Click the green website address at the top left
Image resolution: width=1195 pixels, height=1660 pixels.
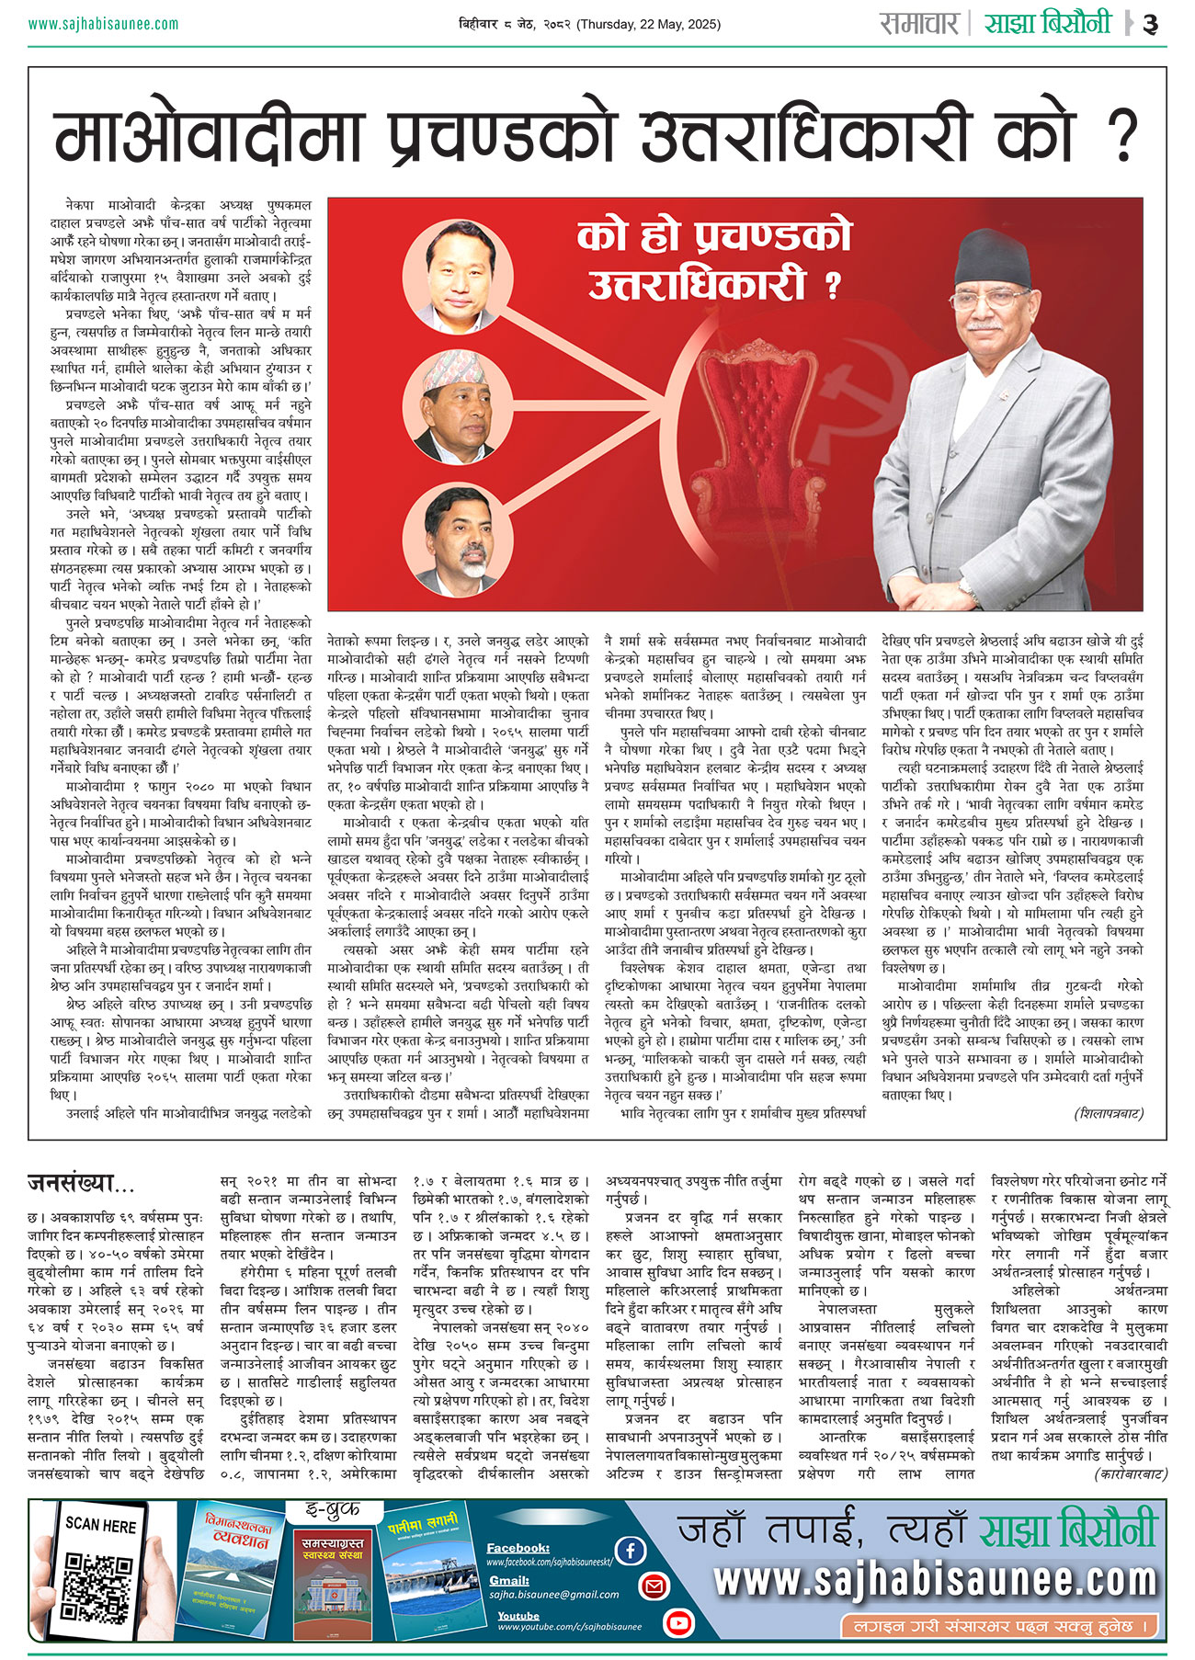pos(103,24)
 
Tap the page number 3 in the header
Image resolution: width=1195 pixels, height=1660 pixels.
pos(1150,25)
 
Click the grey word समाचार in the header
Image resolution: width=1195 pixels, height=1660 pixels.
pos(919,23)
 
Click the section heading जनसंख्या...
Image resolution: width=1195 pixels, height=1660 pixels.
pos(81,1181)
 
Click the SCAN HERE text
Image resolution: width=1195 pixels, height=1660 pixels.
pos(100,1525)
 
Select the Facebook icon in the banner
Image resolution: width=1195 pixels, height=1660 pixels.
pos(631,1551)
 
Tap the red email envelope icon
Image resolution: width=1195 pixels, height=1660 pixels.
pos(654,1586)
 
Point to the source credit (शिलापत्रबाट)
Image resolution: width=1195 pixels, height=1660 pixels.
pos(1109,1114)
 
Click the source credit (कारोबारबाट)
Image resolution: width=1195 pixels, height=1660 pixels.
pos(1130,1474)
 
